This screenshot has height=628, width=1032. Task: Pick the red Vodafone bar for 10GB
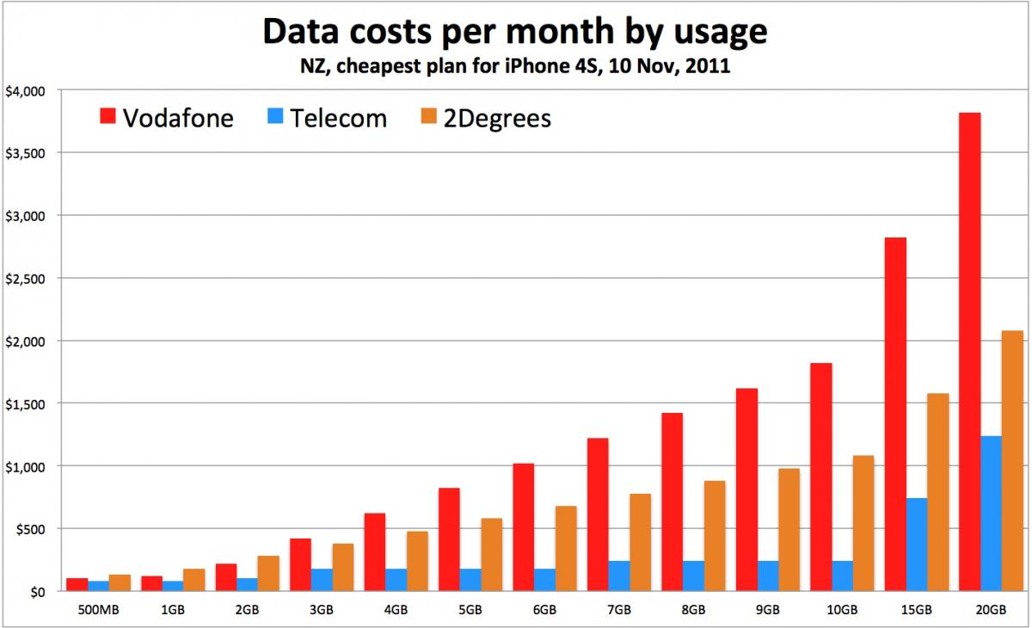pos(820,477)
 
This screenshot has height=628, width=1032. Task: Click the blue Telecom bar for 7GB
pos(619,576)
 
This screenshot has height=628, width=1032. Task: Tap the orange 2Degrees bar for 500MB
pos(120,583)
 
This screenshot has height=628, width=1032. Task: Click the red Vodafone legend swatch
pos(107,117)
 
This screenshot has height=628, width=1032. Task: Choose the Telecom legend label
pos(338,118)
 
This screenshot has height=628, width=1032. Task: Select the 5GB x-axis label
pos(470,610)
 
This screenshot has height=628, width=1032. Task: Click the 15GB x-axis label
pos(916,610)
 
